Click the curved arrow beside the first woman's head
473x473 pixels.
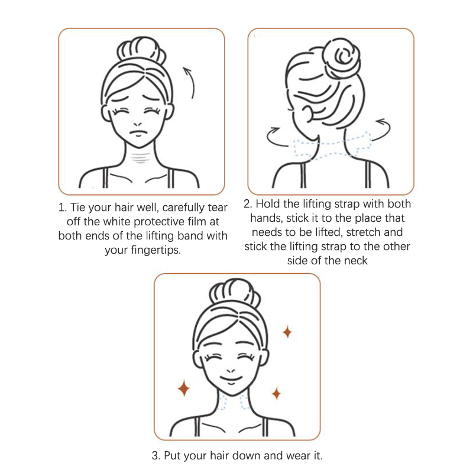192,82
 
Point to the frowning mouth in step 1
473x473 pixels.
138,132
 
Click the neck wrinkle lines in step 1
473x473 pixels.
140,158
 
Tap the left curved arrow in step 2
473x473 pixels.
275,137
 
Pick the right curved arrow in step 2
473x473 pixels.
381,129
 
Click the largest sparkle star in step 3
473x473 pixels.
184,388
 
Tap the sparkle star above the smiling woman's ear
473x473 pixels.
287,332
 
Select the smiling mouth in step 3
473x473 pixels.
231,380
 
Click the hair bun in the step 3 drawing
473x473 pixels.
234,293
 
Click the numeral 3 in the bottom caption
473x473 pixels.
155,455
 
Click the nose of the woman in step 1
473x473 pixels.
138,124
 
